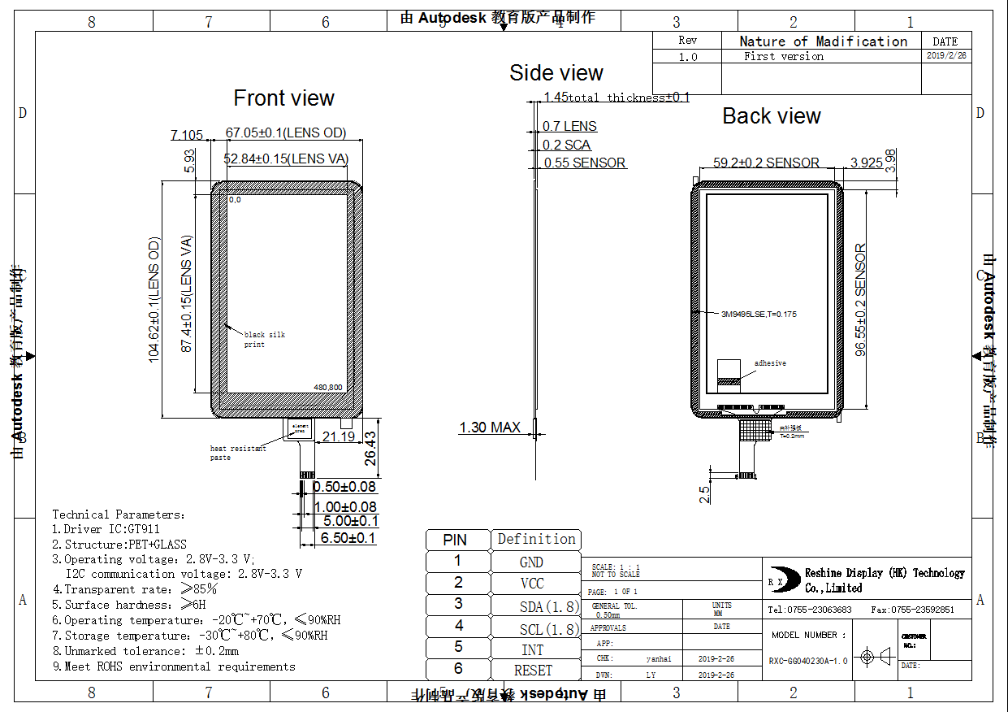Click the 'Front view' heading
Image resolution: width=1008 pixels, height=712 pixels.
tap(283, 98)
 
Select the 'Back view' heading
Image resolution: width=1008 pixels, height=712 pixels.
tap(772, 116)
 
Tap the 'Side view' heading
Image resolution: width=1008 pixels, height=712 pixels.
tap(556, 73)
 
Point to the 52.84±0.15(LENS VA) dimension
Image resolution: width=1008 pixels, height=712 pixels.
tap(286, 158)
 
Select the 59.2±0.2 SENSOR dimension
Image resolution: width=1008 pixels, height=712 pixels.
tap(766, 163)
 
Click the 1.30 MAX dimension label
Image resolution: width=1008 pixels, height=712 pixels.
tap(490, 428)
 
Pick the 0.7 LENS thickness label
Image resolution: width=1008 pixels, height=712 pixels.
tap(569, 126)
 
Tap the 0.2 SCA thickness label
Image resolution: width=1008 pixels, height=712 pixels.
tap(567, 145)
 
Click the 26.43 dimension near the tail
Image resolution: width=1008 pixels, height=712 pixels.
tap(370, 447)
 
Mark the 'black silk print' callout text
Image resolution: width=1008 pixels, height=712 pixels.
tap(265, 340)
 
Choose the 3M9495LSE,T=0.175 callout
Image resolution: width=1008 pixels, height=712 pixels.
tap(759, 314)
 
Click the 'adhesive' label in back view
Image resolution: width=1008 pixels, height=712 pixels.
tap(770, 363)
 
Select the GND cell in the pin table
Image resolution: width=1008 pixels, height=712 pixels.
tap(531, 562)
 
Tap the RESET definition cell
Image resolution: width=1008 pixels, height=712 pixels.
tap(533, 671)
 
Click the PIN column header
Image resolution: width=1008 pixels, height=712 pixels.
tap(455, 540)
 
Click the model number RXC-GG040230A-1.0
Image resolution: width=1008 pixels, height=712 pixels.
tap(808, 661)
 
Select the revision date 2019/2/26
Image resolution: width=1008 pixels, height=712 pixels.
tap(946, 56)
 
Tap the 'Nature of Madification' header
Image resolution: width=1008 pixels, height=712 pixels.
tap(823, 41)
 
